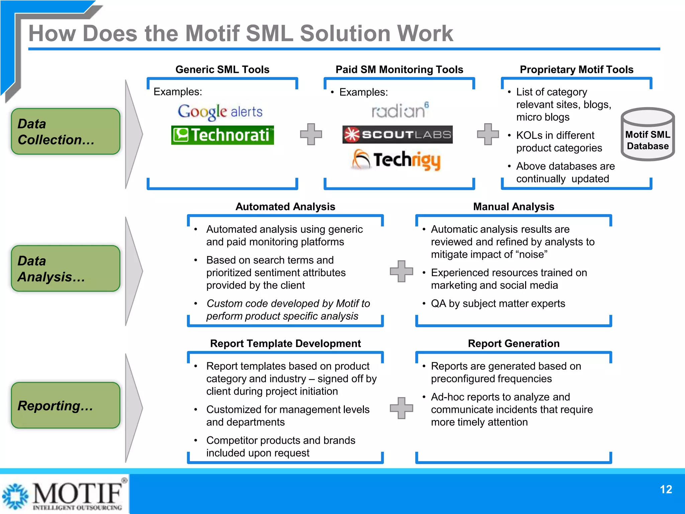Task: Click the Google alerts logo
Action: pyautogui.click(x=220, y=112)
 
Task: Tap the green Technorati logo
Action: pyautogui.click(x=222, y=135)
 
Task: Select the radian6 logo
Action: pyautogui.click(x=400, y=110)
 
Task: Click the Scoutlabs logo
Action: pyautogui.click(x=397, y=135)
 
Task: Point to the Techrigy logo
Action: pyautogui.click(x=397, y=160)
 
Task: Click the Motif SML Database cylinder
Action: pyautogui.click(x=648, y=135)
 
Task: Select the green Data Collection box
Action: pyautogui.click(x=66, y=132)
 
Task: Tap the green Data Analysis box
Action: pyautogui.click(x=66, y=269)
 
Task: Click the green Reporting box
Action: pyautogui.click(x=66, y=406)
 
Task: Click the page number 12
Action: pyautogui.click(x=666, y=490)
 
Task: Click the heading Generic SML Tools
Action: pyautogui.click(x=222, y=70)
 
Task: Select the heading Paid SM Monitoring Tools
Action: pyautogui.click(x=399, y=70)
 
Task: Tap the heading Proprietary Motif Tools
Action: pyautogui.click(x=576, y=70)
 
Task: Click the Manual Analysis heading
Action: pyautogui.click(x=513, y=207)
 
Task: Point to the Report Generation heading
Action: pyautogui.click(x=513, y=344)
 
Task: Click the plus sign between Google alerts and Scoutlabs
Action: pyautogui.click(x=311, y=134)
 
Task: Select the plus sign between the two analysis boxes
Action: pyautogui.click(x=401, y=271)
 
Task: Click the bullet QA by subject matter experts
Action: pyautogui.click(x=498, y=304)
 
